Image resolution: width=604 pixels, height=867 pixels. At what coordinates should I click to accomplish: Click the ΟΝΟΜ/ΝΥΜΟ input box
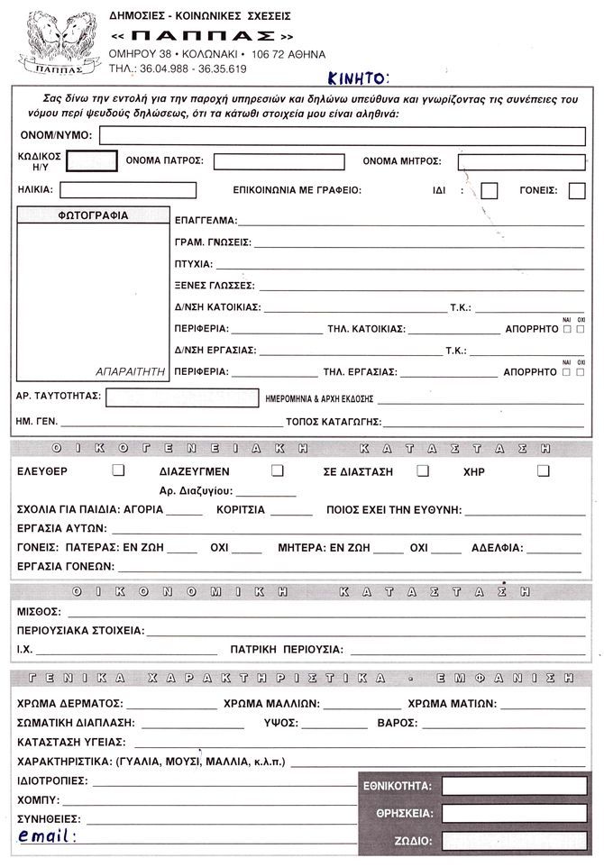[342, 135]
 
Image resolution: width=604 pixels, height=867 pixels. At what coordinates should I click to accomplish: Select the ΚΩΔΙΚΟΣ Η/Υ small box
[92, 161]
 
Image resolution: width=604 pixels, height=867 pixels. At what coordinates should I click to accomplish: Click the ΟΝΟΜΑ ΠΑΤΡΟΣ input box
[279, 161]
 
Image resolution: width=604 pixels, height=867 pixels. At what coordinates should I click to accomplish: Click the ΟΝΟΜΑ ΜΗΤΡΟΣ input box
[521, 161]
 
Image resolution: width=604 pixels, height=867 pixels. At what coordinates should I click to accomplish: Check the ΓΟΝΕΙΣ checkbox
[577, 190]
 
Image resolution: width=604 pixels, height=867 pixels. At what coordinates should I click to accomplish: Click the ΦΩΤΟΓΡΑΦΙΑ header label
[93, 215]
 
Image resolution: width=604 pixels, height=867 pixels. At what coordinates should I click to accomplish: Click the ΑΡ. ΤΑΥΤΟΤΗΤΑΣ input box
[179, 397]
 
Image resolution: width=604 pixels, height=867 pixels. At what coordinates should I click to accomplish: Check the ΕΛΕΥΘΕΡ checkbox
[117, 470]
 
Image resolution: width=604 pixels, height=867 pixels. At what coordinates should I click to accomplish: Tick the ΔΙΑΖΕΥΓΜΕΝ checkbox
[278, 470]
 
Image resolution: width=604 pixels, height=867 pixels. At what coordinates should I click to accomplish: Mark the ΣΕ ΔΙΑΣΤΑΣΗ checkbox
[423, 470]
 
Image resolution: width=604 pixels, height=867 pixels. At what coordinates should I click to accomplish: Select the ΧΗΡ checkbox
[543, 470]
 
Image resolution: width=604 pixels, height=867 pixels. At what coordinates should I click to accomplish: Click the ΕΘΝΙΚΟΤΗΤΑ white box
[514, 786]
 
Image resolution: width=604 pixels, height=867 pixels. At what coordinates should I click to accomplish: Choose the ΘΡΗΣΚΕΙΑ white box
[514, 813]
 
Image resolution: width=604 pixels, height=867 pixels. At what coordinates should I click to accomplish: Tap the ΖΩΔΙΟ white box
[514, 841]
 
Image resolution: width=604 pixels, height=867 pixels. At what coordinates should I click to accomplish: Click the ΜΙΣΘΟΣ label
[38, 612]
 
